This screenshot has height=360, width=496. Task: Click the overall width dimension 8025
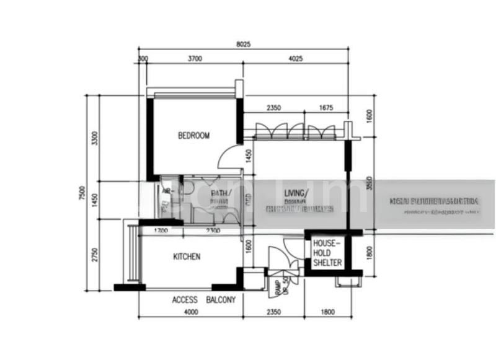coord(244,45)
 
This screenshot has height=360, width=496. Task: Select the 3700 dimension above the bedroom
coord(195,59)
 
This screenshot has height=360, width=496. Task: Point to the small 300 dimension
coord(143,59)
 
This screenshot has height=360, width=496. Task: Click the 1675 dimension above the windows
coord(325,108)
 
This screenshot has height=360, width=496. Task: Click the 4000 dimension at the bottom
coord(191,312)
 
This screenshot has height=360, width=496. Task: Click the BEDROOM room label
coord(193,136)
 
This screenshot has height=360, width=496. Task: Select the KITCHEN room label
coord(186,257)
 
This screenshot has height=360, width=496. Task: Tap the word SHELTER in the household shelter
coord(327,263)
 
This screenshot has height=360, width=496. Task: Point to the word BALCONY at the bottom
coord(221,300)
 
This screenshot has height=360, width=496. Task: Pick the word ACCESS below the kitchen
coord(185,300)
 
